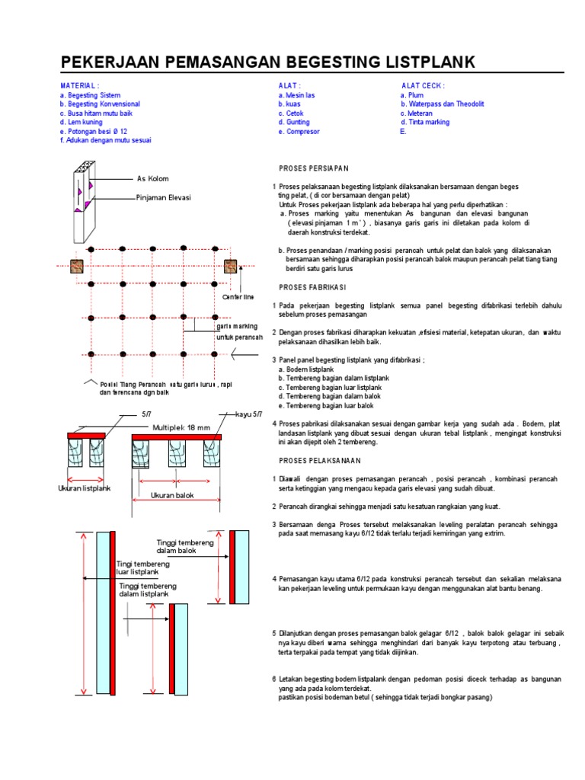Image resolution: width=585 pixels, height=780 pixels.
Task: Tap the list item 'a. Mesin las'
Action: point(297,95)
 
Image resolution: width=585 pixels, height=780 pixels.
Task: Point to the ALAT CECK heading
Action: point(424,86)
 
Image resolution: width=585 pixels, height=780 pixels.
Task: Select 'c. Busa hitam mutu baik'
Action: point(96,113)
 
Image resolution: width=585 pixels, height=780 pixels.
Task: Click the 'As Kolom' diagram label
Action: point(152,179)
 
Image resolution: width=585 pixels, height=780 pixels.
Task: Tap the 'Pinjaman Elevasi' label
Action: point(163,197)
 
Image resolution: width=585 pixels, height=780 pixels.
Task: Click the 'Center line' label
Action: point(238,296)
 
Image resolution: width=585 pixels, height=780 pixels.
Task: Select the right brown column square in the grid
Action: point(230,267)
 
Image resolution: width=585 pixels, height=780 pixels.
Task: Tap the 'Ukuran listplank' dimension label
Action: point(85,487)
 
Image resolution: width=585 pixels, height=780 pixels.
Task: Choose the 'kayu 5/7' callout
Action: point(248,414)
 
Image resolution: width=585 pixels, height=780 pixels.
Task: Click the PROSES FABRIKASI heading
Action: point(312,287)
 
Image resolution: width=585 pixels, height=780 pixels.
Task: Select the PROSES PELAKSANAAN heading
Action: point(319,461)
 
